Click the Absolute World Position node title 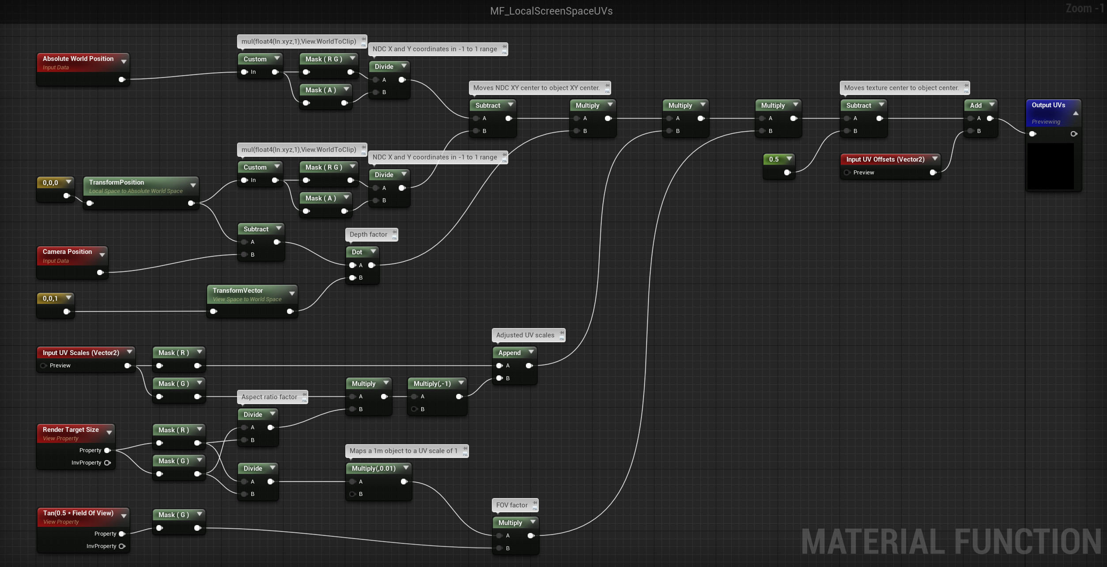[x=78, y=59]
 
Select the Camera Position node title [x=67, y=252]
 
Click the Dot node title [x=357, y=252]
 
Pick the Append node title [x=509, y=353]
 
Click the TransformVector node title [x=238, y=291]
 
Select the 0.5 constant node [x=774, y=159]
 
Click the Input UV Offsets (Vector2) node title [x=885, y=159]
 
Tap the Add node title [x=975, y=106]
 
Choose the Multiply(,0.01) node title [x=374, y=469]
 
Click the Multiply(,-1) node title [x=432, y=384]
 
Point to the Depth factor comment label [x=368, y=234]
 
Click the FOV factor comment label [x=512, y=505]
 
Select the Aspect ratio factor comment [x=269, y=397]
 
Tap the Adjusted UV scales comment [x=525, y=335]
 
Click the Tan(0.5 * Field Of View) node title [x=78, y=513]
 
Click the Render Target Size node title [x=71, y=430]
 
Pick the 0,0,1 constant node [x=50, y=299]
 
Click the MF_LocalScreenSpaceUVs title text [x=551, y=11]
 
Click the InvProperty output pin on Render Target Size [x=107, y=463]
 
